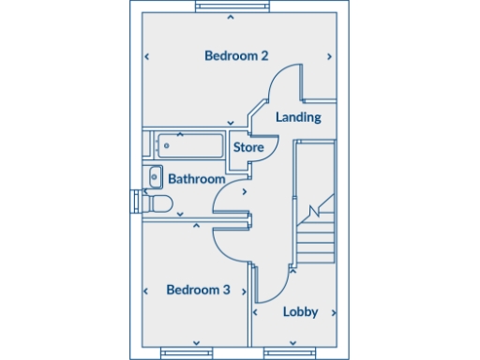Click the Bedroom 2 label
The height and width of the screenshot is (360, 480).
236,56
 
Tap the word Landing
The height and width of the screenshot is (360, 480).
299,117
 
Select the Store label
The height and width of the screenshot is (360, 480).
247,148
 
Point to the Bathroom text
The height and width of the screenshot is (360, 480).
197,179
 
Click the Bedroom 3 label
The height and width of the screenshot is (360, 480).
198,290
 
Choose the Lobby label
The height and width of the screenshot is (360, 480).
300,312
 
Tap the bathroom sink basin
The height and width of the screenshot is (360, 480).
155,175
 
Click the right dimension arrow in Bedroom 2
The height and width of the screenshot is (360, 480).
329,57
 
